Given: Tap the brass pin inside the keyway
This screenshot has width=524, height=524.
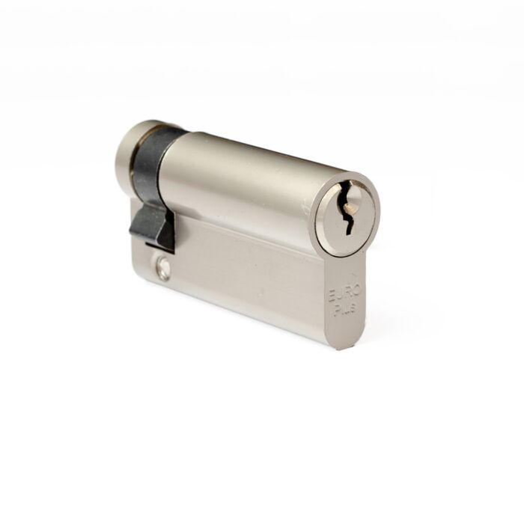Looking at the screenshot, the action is [x=350, y=209].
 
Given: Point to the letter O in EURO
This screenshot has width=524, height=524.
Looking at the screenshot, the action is [x=357, y=290].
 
